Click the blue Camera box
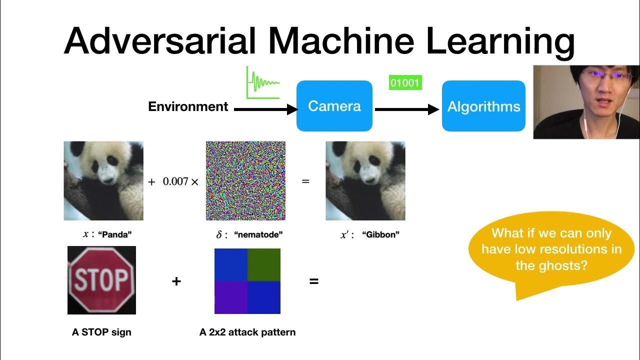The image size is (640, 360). (x=334, y=106)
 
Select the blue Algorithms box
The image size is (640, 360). (x=483, y=106)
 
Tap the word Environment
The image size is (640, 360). (x=188, y=106)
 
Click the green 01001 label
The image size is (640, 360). (x=405, y=82)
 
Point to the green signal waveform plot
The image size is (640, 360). (x=262, y=82)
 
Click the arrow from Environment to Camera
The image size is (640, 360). (x=265, y=109)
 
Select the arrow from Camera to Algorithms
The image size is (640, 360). (x=406, y=109)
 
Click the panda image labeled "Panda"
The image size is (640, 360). (x=103, y=180)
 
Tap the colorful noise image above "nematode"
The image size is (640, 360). (x=245, y=180)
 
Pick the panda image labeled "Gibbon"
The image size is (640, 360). (x=365, y=180)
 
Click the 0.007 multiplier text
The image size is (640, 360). (x=175, y=181)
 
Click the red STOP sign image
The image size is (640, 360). (x=101, y=280)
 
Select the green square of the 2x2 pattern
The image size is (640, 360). (x=264, y=264)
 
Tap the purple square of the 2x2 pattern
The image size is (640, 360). (x=230, y=297)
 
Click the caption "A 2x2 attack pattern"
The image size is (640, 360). (x=247, y=332)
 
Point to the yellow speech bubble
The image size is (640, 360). (x=551, y=249)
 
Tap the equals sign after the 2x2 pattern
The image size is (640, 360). (x=313, y=281)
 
